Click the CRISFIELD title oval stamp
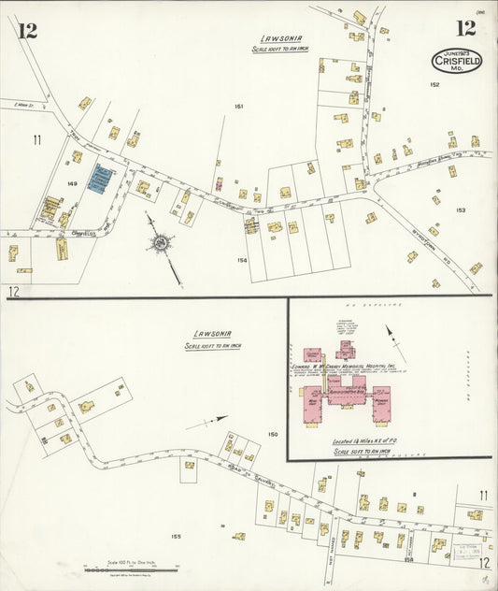[457, 60]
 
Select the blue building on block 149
[99, 179]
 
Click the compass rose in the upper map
[161, 243]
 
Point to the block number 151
[239, 107]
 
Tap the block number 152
[434, 85]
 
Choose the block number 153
[461, 210]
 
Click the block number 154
[242, 261]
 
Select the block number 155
[176, 537]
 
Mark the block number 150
[273, 435]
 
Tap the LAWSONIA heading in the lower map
[213, 334]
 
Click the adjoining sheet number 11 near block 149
[36, 140]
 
